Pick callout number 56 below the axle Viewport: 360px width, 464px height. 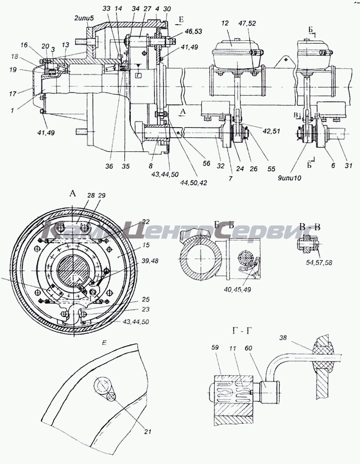click(206, 164)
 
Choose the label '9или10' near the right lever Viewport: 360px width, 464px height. click(302, 176)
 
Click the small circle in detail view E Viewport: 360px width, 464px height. click(111, 396)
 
